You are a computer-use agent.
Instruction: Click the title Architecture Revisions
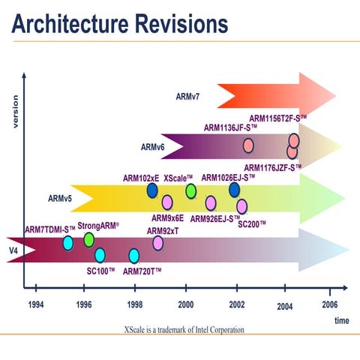coord(121,24)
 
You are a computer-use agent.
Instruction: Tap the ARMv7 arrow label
coord(187,96)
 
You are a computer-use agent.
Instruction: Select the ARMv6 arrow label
coord(152,148)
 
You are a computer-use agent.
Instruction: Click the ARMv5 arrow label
coord(61,199)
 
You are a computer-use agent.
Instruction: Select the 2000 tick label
coord(186,305)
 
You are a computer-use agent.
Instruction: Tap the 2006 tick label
coord(330,305)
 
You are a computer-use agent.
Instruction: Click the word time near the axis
coord(340,320)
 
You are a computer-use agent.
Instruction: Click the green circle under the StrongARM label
coord(89,239)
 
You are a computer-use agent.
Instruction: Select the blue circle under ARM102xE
coord(152,191)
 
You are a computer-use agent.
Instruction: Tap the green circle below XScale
coord(191,191)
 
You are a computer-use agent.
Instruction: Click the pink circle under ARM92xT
coord(158,243)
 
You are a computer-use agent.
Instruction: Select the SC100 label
coord(100,269)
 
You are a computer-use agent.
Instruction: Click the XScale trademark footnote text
coord(184,329)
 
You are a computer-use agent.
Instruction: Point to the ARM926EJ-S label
coord(215,219)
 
